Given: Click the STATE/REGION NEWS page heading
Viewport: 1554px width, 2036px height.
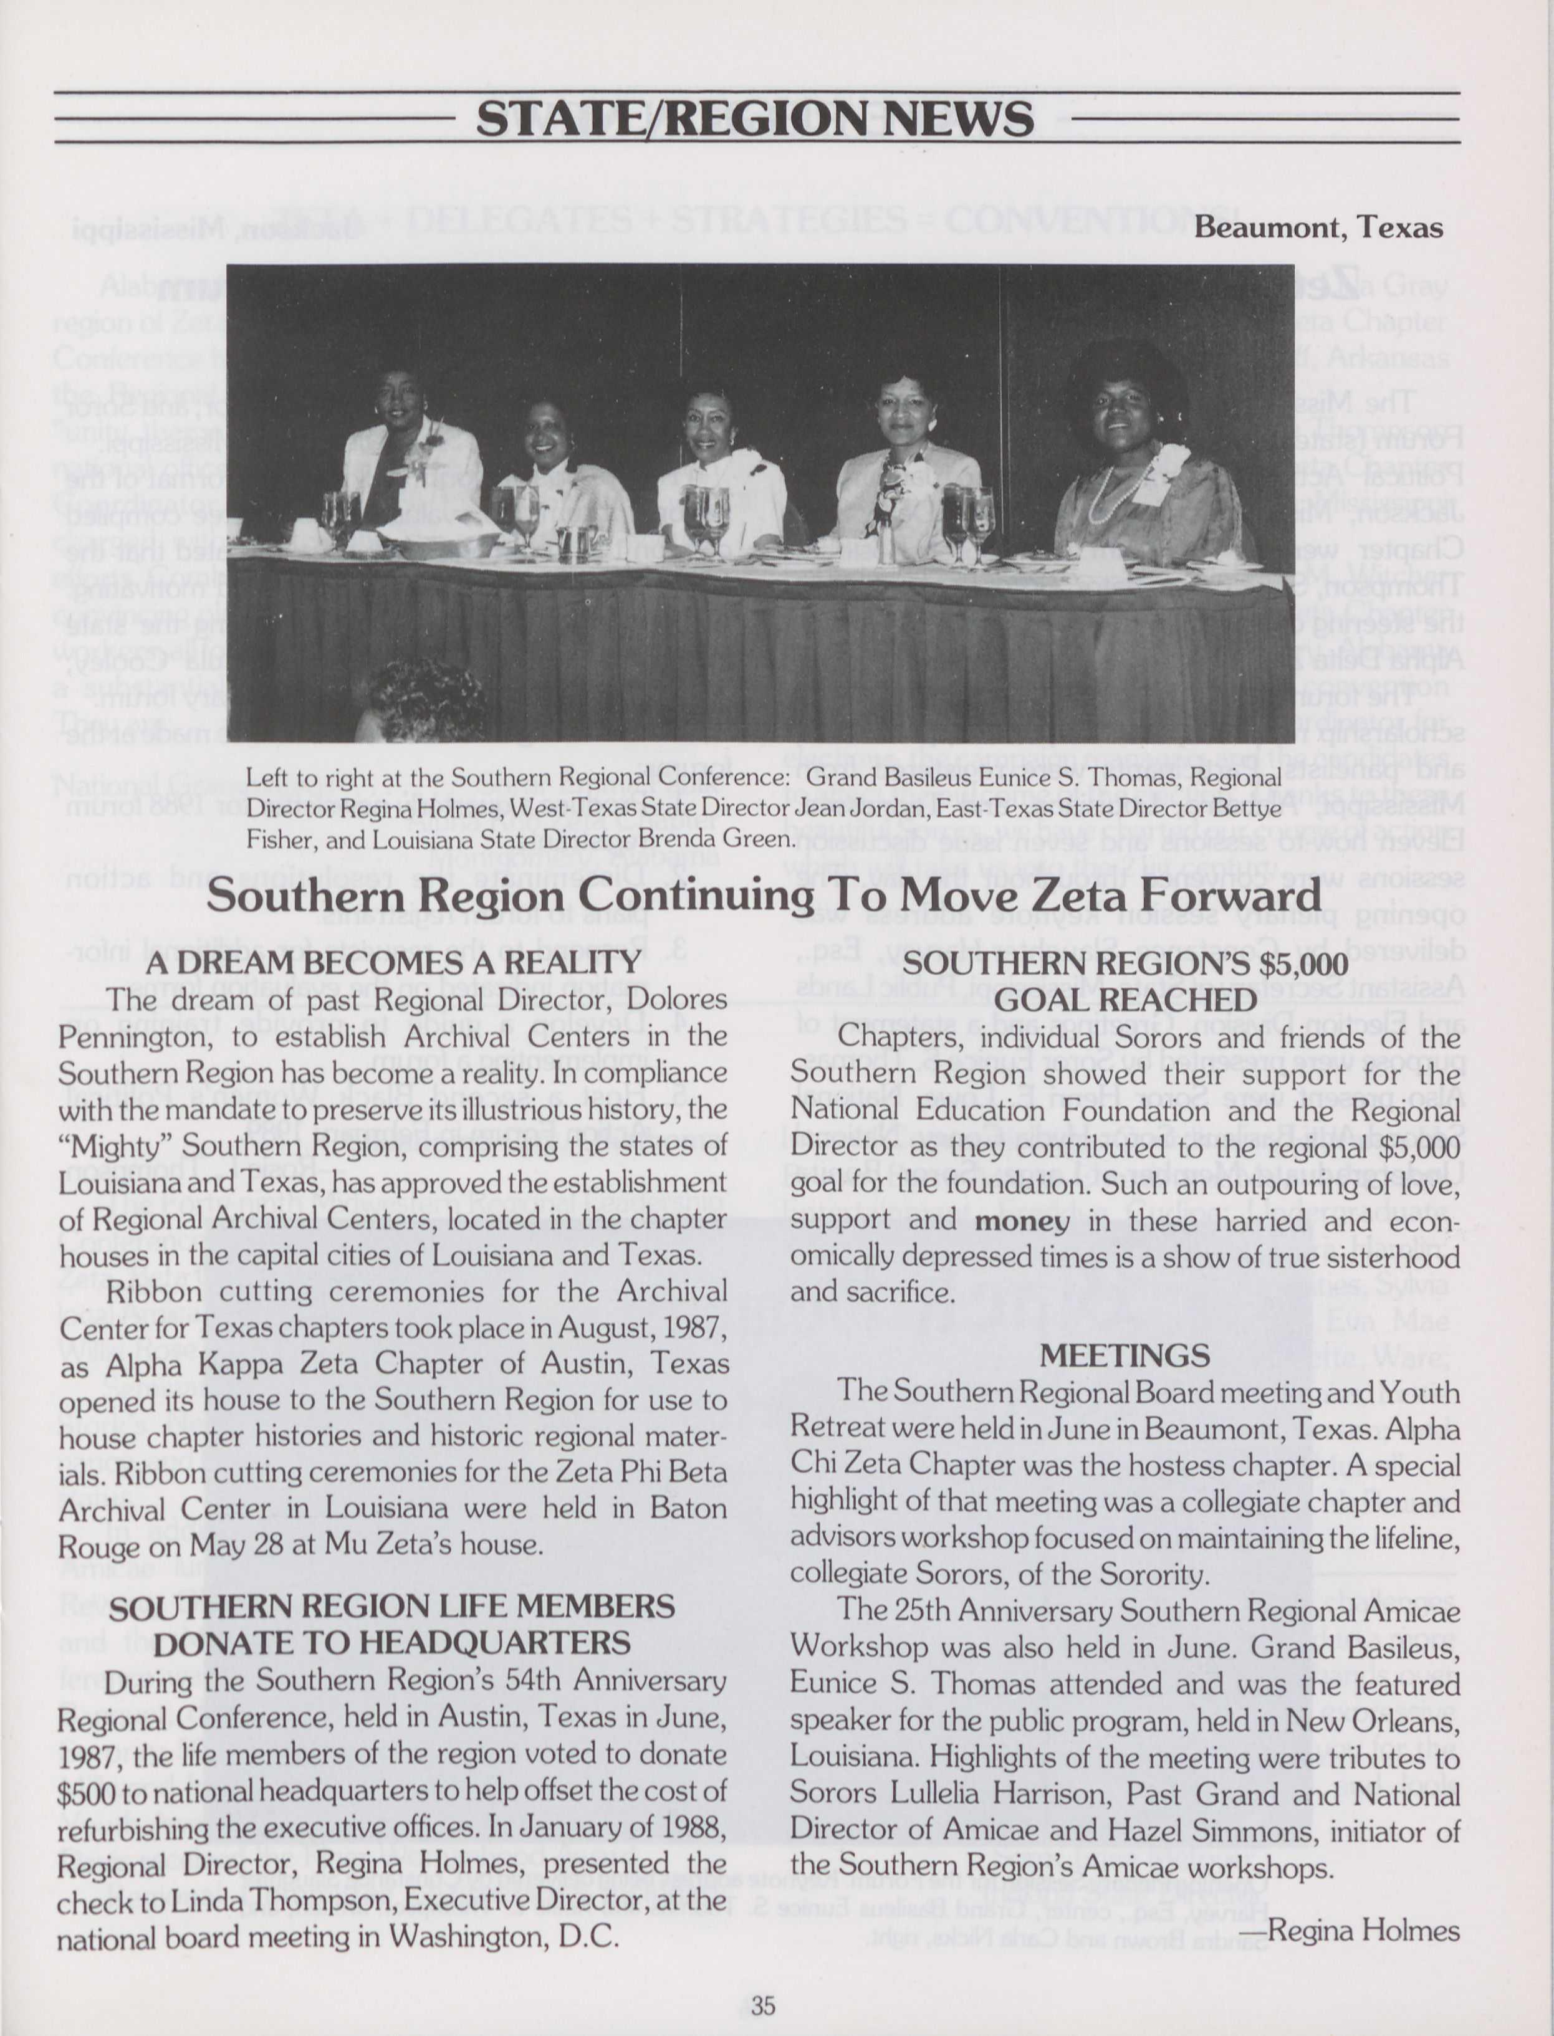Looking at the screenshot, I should pyautogui.click(x=755, y=118).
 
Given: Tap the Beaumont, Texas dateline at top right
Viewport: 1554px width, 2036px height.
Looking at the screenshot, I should pyautogui.click(x=1317, y=227).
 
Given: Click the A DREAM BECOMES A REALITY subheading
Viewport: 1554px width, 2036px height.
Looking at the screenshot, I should pyautogui.click(x=393, y=962).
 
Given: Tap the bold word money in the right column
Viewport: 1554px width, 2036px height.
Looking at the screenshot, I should pyautogui.click(x=1021, y=1220).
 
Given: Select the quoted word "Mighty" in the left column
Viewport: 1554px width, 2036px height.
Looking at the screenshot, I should pyautogui.click(x=100, y=1147).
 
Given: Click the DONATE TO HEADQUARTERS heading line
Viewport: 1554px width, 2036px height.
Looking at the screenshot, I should pyautogui.click(x=392, y=1642).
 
